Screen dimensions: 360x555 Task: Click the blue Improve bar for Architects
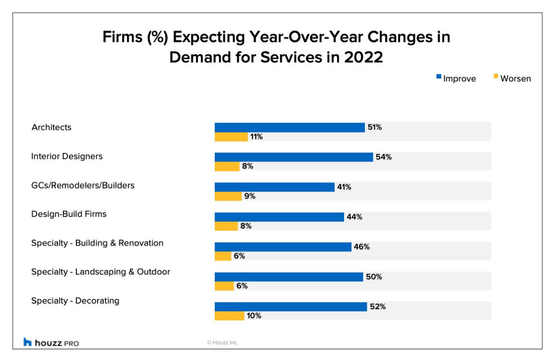[x=290, y=128]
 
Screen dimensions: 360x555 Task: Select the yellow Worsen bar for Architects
[x=231, y=137]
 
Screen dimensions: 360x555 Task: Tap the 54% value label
[x=384, y=157]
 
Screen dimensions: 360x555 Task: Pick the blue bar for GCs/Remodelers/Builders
[x=274, y=187]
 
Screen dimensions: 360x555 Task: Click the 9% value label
[x=250, y=196]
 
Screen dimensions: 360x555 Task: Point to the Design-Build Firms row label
[x=69, y=214]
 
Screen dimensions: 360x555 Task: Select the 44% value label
[x=354, y=217]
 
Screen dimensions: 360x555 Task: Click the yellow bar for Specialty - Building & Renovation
[x=223, y=256]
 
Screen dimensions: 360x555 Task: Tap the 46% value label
[x=362, y=247]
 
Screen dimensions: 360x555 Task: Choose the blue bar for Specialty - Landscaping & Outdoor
[x=289, y=277]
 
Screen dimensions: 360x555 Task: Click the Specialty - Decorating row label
[x=75, y=301]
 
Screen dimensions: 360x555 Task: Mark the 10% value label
[x=254, y=316]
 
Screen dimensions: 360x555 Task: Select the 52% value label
[x=377, y=306]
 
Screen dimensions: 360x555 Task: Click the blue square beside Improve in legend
[x=438, y=77]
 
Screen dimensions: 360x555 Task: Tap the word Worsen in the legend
[x=515, y=79]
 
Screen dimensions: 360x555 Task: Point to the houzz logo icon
[x=28, y=342]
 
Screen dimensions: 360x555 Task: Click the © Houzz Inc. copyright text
[x=222, y=342]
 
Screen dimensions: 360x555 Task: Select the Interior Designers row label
[x=67, y=156]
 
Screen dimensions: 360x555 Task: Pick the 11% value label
[x=256, y=137]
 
